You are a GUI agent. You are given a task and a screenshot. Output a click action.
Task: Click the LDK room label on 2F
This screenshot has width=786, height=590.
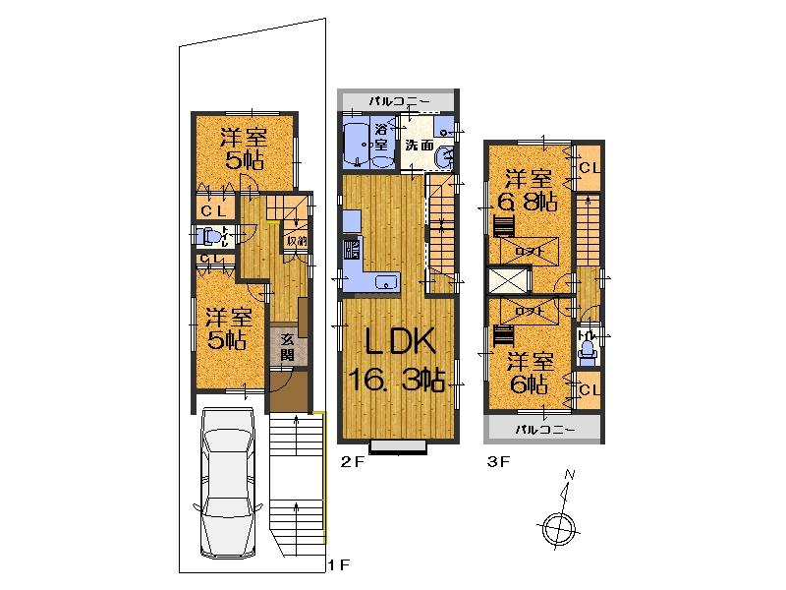tap(398, 344)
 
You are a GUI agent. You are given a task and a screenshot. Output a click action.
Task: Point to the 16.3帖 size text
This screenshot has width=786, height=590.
tap(399, 382)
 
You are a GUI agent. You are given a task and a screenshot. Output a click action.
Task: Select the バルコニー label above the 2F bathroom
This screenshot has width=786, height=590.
tap(397, 101)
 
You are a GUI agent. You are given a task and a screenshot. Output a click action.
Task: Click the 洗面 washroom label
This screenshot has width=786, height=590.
tap(420, 146)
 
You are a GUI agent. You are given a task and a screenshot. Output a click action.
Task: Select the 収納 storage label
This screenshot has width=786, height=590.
tap(296, 240)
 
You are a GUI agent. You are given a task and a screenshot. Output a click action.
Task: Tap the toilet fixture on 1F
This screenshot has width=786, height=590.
tap(205, 237)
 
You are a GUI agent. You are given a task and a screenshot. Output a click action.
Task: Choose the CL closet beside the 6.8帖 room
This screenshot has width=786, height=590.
tap(589, 168)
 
